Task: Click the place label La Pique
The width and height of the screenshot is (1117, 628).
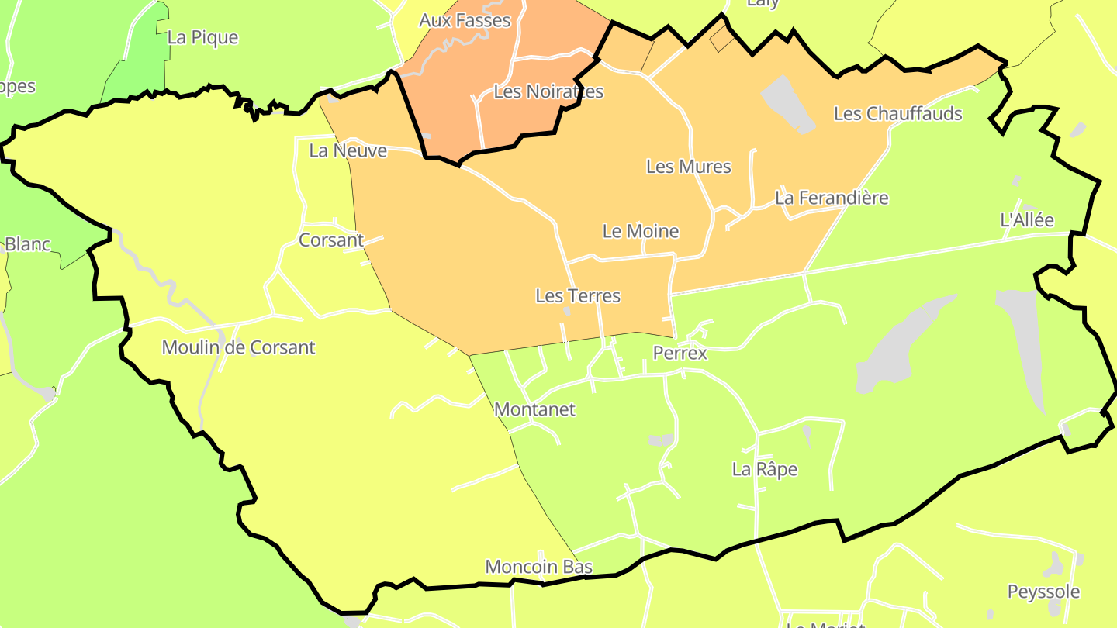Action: point(202,37)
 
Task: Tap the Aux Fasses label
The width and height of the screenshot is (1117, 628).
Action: point(465,20)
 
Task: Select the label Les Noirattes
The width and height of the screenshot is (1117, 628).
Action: point(548,91)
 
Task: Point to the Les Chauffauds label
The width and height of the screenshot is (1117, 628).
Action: point(897,113)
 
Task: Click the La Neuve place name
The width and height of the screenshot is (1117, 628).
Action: point(348,150)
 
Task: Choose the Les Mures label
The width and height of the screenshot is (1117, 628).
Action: point(688,166)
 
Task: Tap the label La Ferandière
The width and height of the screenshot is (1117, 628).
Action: point(832,198)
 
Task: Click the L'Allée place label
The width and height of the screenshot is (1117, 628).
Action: point(1027,219)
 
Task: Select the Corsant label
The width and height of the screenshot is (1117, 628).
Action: point(331,240)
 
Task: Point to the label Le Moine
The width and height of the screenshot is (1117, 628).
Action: point(640,231)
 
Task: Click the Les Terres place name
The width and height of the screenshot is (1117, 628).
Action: point(578,295)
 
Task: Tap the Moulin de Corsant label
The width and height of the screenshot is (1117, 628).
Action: point(238,347)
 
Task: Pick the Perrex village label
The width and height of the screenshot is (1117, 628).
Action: point(680,353)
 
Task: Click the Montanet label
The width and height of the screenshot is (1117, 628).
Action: point(534,409)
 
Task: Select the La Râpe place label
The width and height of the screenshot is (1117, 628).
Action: point(764,469)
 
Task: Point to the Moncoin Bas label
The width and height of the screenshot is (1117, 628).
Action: point(538,567)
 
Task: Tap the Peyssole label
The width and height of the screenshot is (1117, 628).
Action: point(1043,592)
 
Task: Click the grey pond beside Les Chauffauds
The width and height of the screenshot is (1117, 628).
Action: point(787,104)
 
